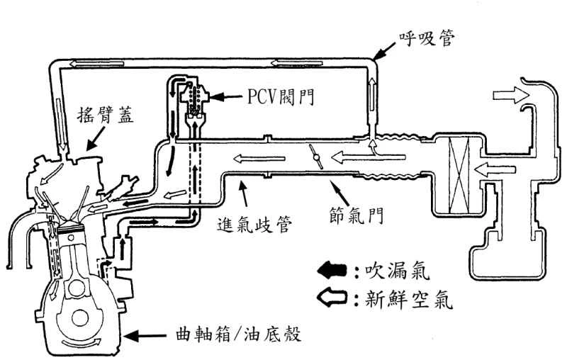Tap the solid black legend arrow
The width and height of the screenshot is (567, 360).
coord(332,271)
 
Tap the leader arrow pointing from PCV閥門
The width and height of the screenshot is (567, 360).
coord(227,95)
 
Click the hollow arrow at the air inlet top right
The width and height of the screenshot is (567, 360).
coord(507,96)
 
